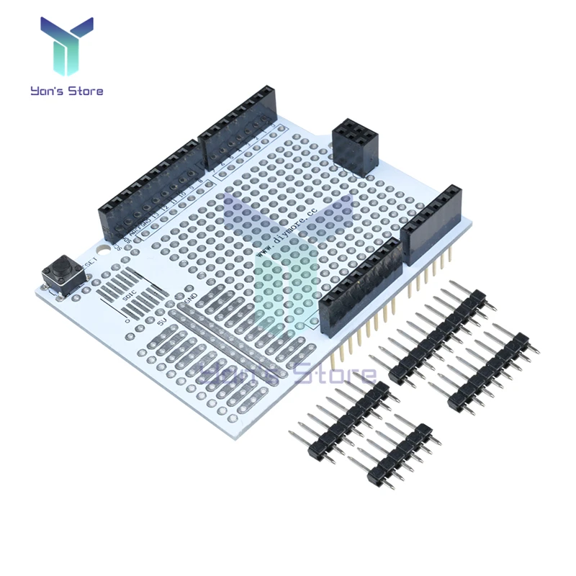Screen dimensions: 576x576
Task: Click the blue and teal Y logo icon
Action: point(67,48)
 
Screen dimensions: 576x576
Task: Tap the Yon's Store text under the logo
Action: point(67,91)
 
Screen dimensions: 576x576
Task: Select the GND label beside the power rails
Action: point(191,297)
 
